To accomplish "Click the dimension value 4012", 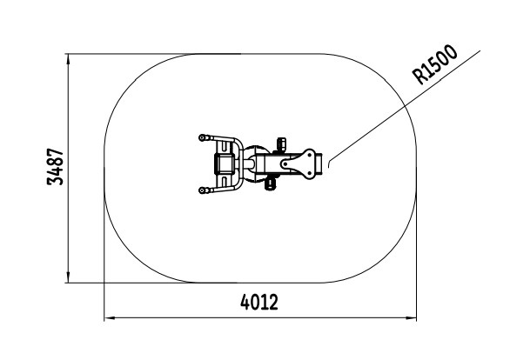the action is coord(259,302).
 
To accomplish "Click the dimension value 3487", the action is coord(56,167).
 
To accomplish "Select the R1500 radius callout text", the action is coord(434,64).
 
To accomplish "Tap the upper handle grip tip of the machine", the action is coord(202,137).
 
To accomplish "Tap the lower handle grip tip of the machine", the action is coord(202,190).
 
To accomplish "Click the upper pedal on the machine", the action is coord(281,143).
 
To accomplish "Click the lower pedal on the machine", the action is coord(271,184).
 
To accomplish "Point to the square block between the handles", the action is coord(224,164).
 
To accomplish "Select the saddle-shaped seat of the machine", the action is coord(299,163).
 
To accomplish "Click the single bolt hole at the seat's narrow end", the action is coord(285,164).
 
